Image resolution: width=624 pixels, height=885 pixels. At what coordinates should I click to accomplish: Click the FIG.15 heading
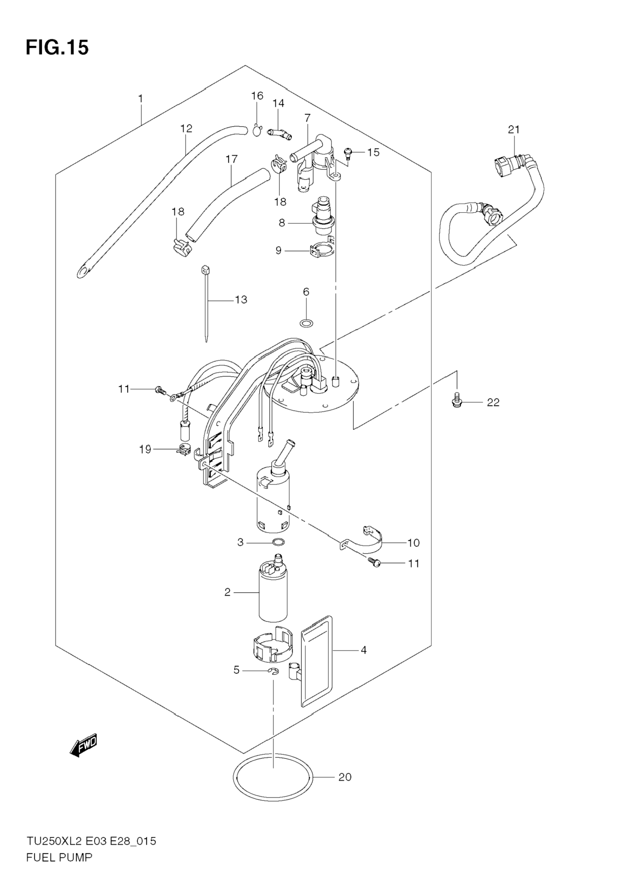57,47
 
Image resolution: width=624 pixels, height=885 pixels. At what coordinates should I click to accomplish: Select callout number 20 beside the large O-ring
345,777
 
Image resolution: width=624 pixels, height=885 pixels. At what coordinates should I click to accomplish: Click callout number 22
493,403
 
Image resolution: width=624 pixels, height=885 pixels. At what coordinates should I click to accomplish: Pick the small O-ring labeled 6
306,322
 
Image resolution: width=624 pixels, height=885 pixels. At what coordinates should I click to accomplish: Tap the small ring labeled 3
279,542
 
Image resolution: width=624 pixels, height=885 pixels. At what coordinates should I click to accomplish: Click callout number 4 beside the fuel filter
363,650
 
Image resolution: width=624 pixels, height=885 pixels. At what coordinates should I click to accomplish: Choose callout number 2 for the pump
227,592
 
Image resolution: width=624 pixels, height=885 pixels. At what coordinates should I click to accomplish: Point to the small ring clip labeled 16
257,131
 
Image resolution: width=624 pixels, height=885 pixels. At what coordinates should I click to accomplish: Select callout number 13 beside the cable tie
241,299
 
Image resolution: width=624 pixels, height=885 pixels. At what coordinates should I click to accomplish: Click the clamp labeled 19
182,450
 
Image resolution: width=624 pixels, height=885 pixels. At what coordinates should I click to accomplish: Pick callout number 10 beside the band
413,543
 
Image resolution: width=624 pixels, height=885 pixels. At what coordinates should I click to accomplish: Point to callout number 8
282,223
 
